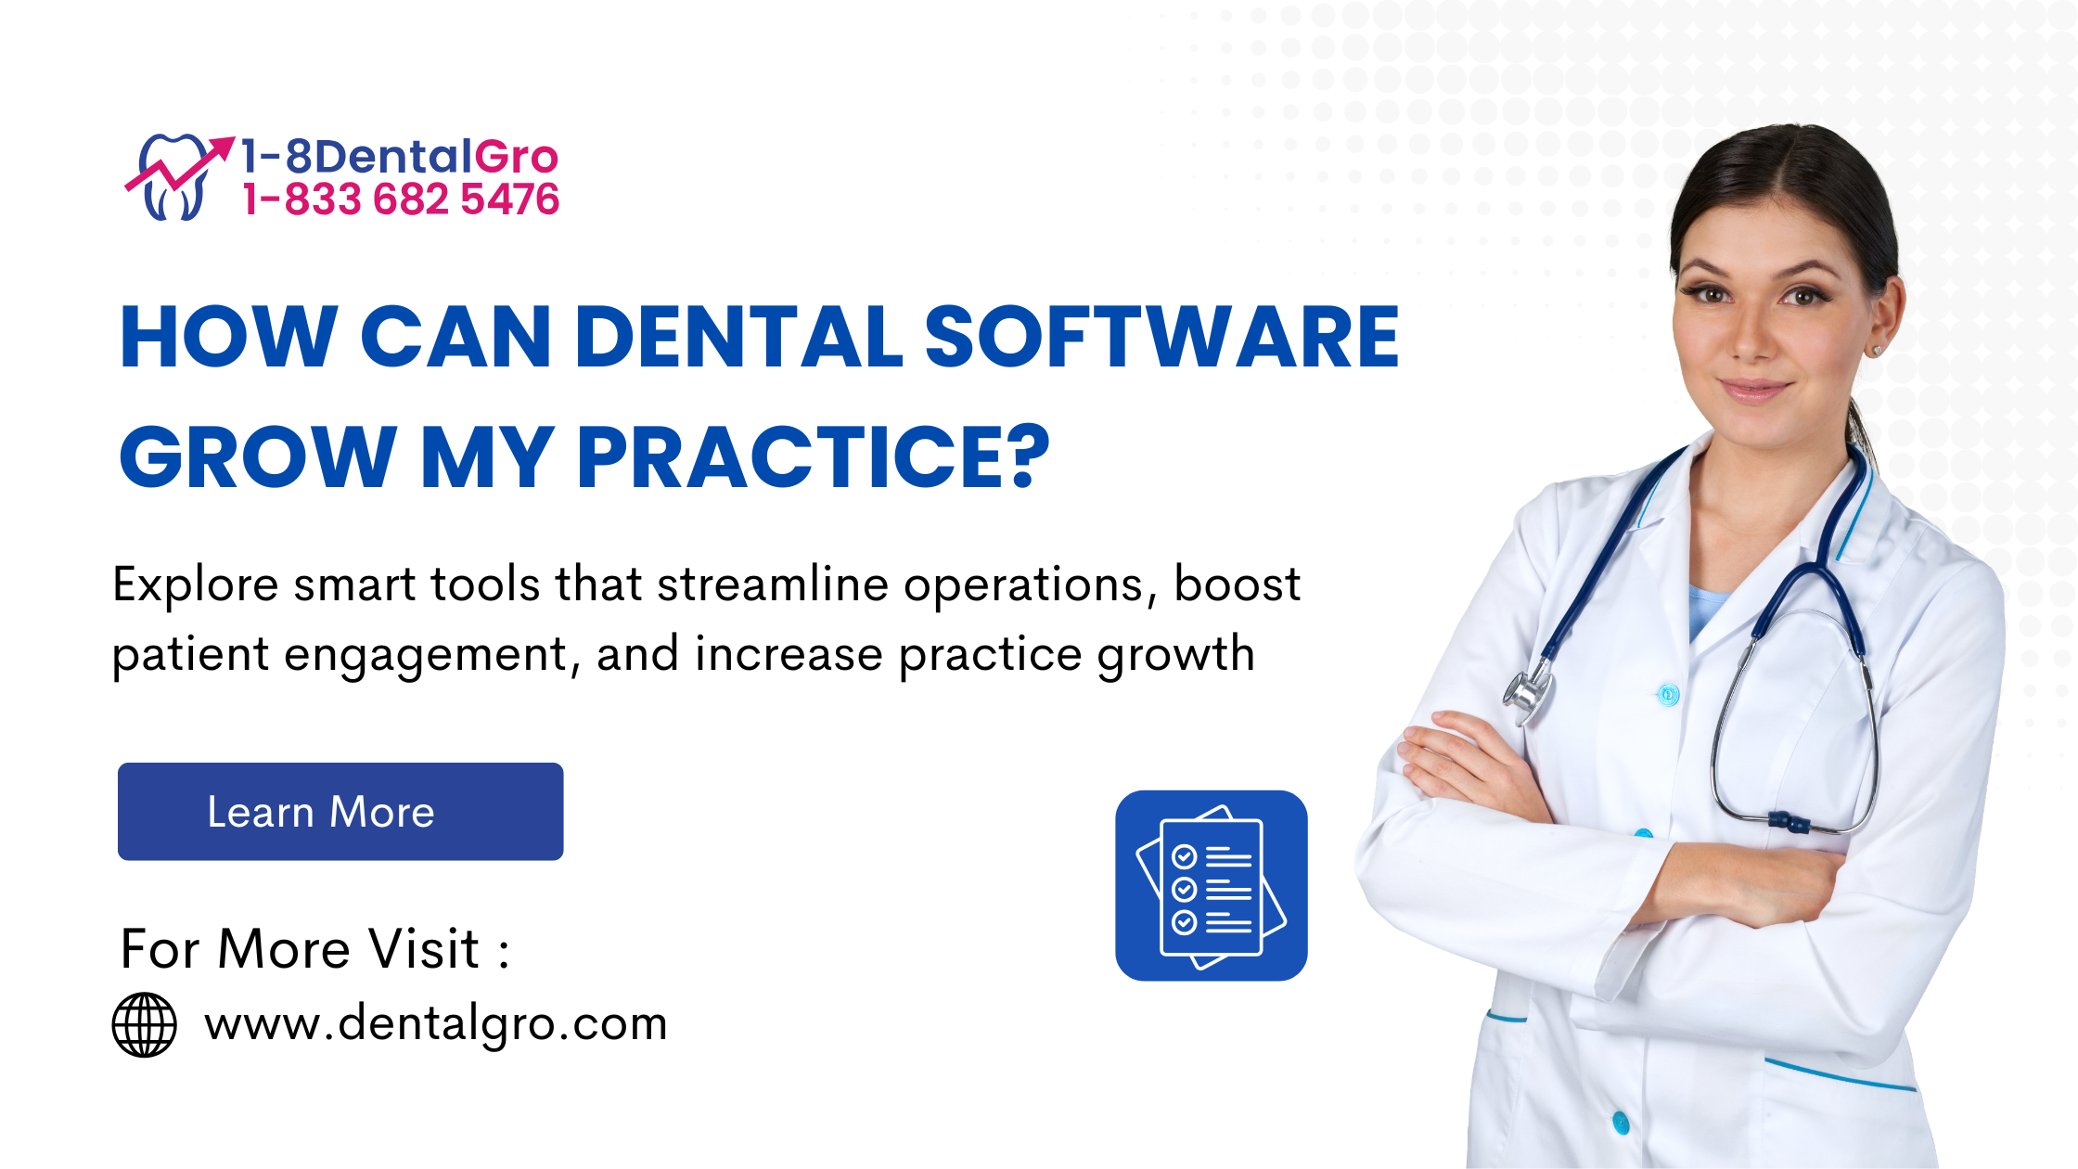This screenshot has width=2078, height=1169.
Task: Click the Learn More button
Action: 340,812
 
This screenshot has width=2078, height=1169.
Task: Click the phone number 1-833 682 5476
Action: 401,199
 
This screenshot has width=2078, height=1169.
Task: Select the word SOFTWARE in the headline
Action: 1161,337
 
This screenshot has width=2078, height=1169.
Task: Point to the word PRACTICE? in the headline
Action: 814,456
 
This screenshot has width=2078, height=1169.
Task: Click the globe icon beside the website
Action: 144,1024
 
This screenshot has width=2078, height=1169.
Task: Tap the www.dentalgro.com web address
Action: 436,1024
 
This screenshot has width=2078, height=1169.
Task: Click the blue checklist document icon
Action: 1212,885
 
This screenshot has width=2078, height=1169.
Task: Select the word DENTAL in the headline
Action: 738,337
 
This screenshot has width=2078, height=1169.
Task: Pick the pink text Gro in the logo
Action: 517,157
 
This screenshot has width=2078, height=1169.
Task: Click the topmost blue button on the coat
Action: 1668,693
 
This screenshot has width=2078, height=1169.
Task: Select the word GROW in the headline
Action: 259,456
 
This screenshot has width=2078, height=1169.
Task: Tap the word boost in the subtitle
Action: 1238,584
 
